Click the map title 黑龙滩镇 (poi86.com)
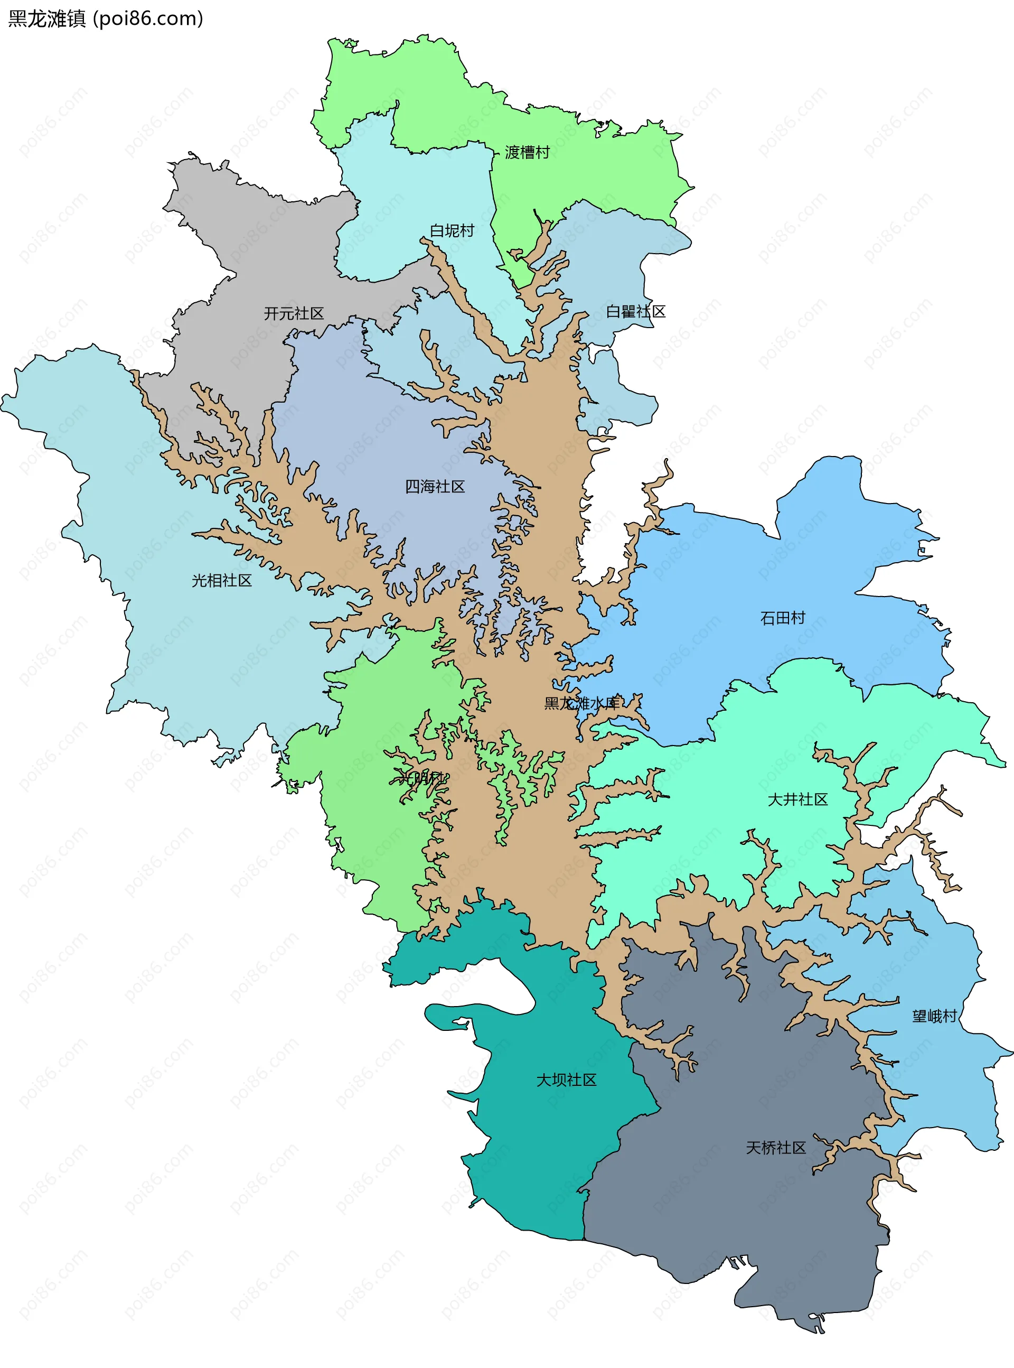105,19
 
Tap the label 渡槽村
527,152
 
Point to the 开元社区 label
294,314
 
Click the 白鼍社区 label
635,312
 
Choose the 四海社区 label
435,487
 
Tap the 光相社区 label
222,581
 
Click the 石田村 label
783,618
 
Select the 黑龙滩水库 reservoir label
582,703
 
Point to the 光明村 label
421,778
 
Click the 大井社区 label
797,799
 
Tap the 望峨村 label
934,1016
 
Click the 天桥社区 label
776,1148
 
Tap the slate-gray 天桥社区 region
737,1216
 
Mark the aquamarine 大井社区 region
706,829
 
